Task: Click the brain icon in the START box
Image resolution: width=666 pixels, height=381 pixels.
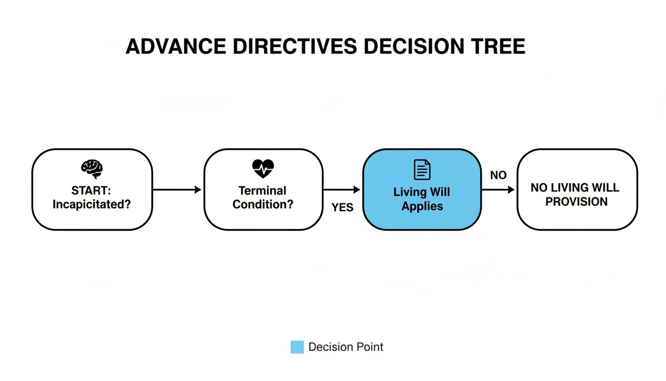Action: coord(92,169)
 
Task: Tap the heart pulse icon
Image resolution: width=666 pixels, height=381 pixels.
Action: coord(263,169)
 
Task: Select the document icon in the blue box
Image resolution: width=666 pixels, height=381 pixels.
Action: coord(422,170)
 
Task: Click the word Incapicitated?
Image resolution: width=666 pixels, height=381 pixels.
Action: coord(92,204)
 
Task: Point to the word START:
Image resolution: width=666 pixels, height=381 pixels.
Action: coord(92,190)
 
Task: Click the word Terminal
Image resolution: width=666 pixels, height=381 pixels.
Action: coord(263,190)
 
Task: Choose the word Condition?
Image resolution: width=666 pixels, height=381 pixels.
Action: coord(263,204)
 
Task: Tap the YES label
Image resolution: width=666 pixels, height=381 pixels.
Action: coord(342,208)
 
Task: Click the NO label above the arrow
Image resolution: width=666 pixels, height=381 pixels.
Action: coord(498,175)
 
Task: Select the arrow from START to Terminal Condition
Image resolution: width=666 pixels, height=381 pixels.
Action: coord(177,190)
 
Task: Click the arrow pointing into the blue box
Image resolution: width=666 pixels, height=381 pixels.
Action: coord(341,190)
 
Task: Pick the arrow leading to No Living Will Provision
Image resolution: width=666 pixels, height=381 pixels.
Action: coord(498,190)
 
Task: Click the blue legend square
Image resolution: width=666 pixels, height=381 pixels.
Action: coord(297,347)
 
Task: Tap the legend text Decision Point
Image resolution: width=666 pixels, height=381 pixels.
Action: coord(345,347)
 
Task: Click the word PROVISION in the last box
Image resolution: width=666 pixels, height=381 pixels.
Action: coord(576,201)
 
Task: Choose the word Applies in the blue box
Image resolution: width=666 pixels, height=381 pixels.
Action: coord(422,206)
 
